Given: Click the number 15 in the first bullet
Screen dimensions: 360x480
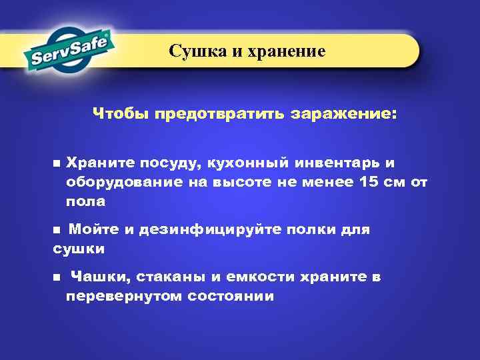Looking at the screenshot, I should [368, 182].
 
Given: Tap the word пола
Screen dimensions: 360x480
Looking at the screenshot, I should [85, 201].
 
